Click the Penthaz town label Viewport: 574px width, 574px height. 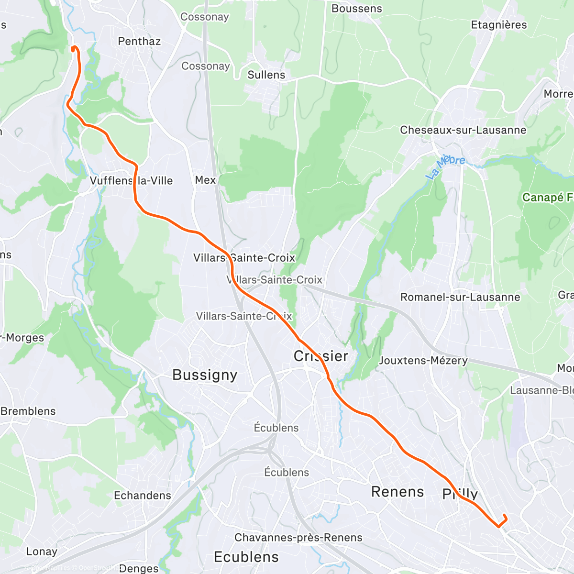(139, 41)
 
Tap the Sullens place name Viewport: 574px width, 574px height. (266, 75)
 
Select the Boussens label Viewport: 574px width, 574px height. (357, 9)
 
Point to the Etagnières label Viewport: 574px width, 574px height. (499, 25)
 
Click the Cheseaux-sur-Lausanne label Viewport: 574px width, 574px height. (463, 130)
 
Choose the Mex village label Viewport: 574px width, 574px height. (205, 180)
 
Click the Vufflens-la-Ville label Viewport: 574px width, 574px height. (131, 181)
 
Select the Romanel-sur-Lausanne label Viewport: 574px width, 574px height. (460, 297)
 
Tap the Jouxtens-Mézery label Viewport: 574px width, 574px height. (423, 360)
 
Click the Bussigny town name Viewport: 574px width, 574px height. (205, 375)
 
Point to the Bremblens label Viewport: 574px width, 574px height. (28, 411)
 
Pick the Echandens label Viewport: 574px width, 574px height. (142, 496)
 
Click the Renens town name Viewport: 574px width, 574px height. (397, 492)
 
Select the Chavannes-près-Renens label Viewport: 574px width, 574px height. (298, 538)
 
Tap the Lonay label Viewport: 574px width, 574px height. (42, 552)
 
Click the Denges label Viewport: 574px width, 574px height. (139, 568)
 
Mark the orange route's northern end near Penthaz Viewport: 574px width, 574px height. (73, 48)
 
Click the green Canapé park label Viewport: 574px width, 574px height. (547, 197)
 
